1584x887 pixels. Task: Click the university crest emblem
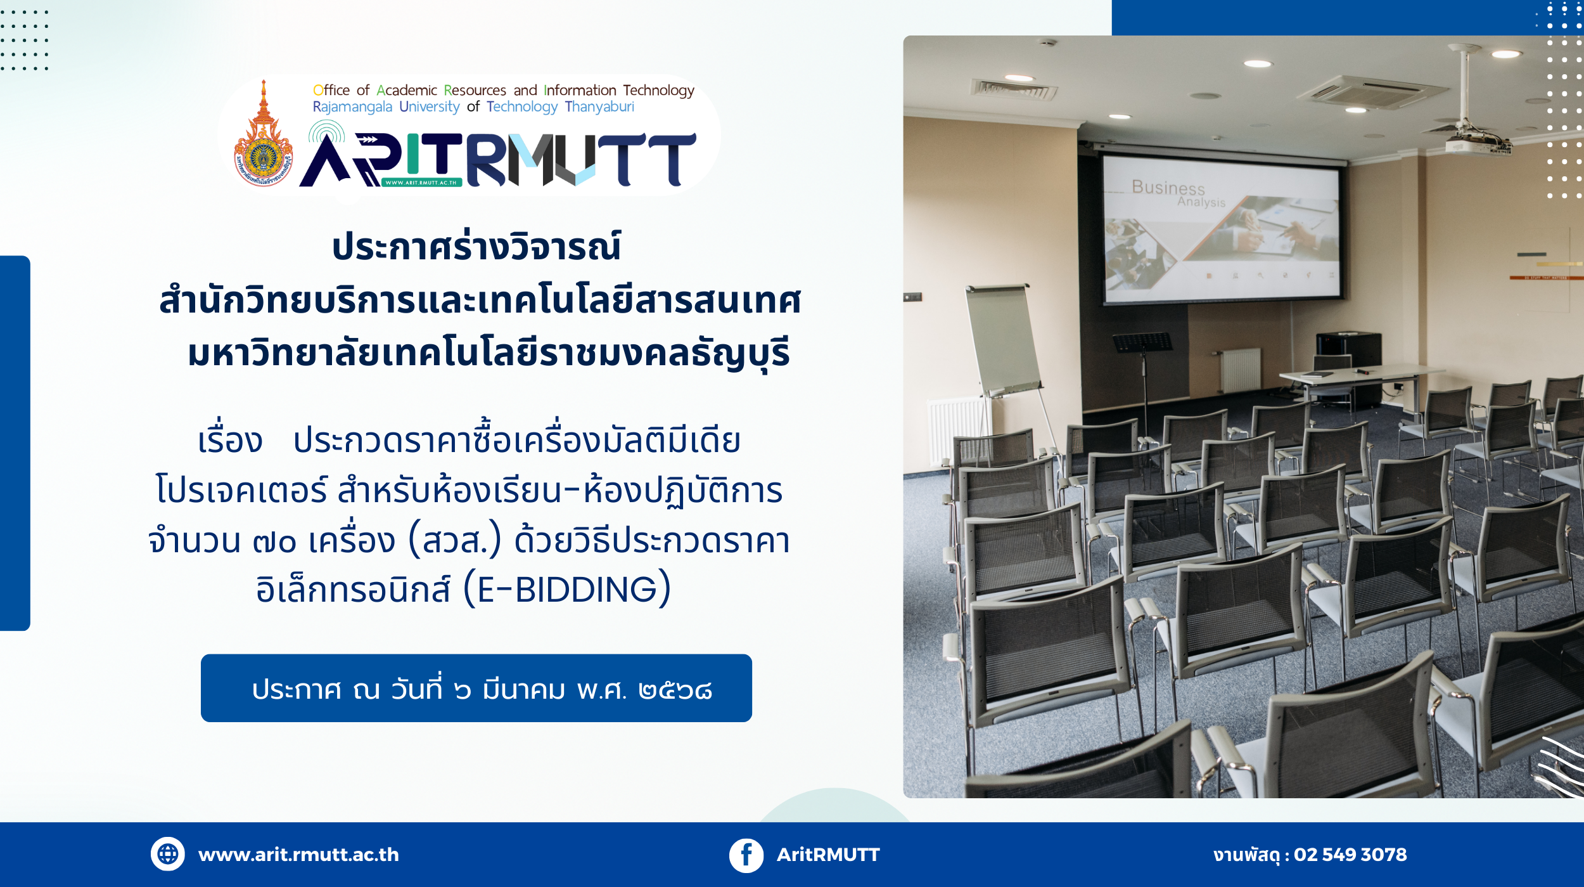[263, 136]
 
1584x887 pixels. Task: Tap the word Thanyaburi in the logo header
[599, 107]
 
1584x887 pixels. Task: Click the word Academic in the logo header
[407, 90]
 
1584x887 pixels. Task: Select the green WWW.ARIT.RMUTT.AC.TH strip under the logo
[421, 183]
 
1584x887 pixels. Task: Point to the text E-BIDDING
[567, 590]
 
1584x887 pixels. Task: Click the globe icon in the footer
[167, 854]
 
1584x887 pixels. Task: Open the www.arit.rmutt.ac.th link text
[298, 855]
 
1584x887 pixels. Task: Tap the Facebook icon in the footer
[746, 855]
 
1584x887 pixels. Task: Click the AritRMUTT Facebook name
[828, 855]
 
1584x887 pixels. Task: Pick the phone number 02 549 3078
[1350, 855]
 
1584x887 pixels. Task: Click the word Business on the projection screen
[1168, 188]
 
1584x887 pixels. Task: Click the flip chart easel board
[1003, 339]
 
